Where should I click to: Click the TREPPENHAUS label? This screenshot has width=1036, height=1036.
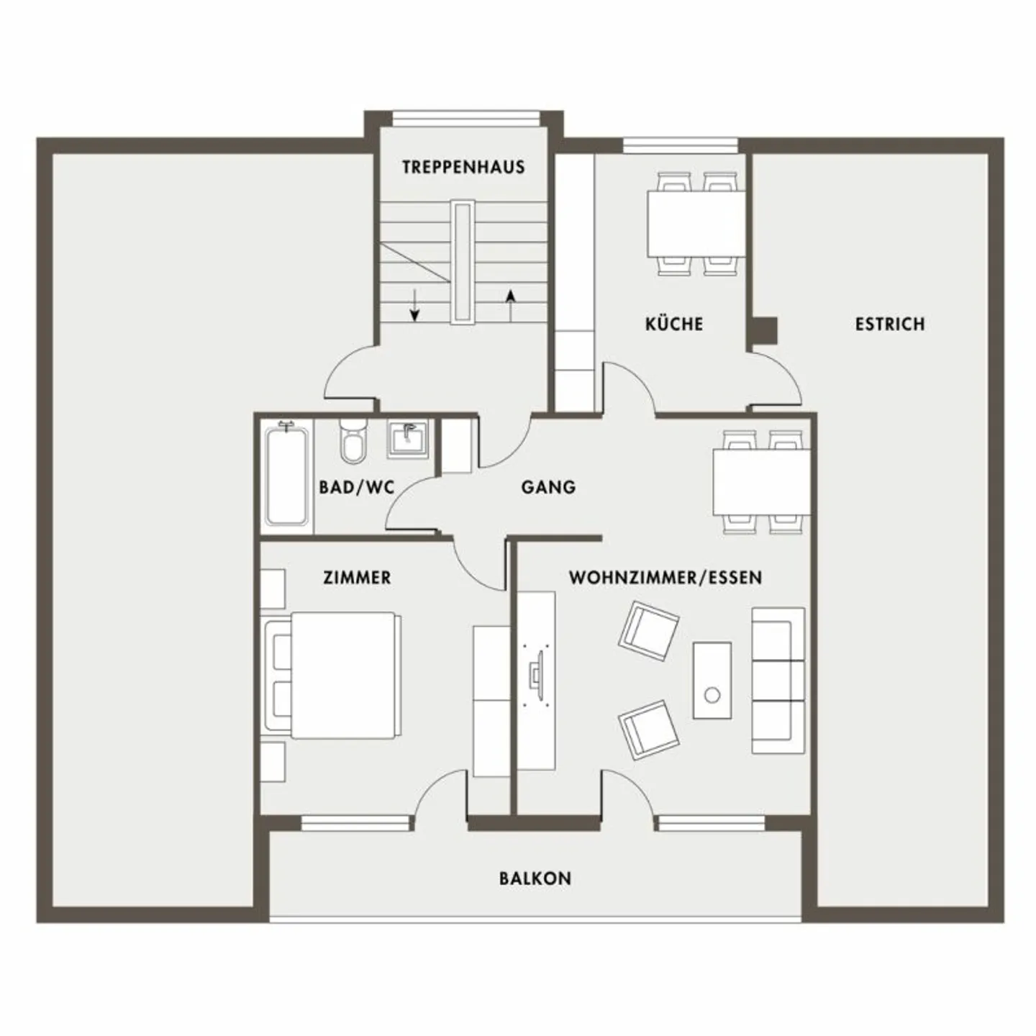[x=463, y=167]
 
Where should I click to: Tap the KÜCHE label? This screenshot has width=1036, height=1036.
[x=673, y=324]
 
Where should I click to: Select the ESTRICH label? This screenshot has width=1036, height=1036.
[x=889, y=324]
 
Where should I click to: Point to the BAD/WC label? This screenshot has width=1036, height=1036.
[x=357, y=487]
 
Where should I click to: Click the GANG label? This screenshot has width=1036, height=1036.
[x=548, y=487]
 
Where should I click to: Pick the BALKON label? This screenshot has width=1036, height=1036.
[x=535, y=878]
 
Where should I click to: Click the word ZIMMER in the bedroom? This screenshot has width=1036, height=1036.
[x=357, y=577]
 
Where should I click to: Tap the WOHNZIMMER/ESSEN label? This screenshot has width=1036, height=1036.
[x=665, y=577]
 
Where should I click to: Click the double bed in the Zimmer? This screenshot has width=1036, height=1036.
[x=338, y=675]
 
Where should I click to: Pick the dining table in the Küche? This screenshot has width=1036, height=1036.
[x=696, y=223]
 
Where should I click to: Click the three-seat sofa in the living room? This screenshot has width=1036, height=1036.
[x=778, y=680]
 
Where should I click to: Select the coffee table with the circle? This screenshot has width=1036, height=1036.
[x=712, y=680]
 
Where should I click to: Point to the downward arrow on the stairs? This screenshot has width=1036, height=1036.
[x=414, y=306]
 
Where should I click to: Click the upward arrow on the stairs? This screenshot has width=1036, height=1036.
[x=510, y=304]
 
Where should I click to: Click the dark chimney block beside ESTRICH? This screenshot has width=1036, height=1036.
[x=765, y=331]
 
